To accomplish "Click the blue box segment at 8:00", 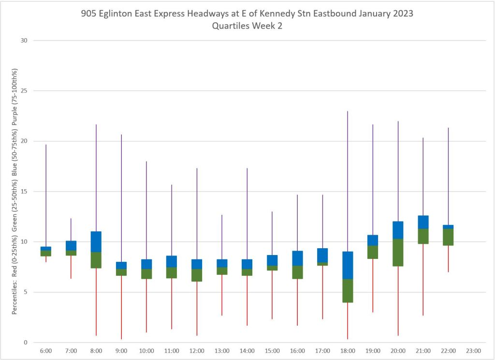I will pyautogui.click(x=96, y=242).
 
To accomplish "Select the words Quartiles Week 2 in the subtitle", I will pyautogui.click(x=247, y=27).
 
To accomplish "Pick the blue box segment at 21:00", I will pyautogui.click(x=423, y=222).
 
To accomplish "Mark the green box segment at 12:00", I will pyautogui.click(x=197, y=275).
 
